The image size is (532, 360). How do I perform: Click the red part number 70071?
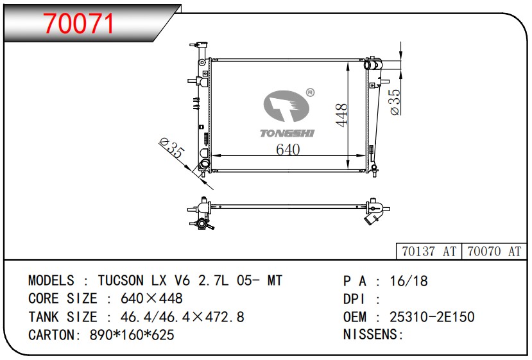click(x=79, y=23)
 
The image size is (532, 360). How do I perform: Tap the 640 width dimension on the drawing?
click(x=287, y=150)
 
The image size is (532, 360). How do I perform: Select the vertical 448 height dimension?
click(x=341, y=115)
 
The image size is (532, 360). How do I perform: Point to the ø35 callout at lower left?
click(x=172, y=148)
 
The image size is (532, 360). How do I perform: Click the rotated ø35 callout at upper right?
click(x=395, y=102)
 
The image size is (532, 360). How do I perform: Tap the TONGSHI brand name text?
click(x=287, y=133)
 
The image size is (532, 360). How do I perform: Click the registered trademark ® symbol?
click(x=310, y=92)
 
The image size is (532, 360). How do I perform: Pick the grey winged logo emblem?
click(x=286, y=106)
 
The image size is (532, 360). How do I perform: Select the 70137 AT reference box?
click(x=429, y=252)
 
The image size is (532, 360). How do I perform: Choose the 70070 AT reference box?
click(x=494, y=252)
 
